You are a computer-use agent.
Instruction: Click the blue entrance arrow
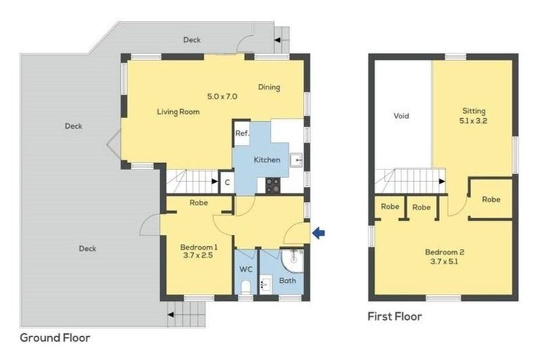(x=319, y=233)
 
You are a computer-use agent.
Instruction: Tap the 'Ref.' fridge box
(x=242, y=134)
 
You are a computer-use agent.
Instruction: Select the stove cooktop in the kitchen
(x=272, y=185)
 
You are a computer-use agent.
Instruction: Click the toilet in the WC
(x=245, y=286)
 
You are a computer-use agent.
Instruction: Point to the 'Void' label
(x=401, y=116)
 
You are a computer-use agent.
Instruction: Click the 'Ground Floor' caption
(x=55, y=337)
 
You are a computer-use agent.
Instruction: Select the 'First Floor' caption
(x=395, y=316)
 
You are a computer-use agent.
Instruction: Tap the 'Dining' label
(x=269, y=88)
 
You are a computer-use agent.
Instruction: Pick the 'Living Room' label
(x=178, y=112)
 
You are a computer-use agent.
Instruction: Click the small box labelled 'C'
(x=226, y=183)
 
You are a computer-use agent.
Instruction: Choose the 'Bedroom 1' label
(x=198, y=247)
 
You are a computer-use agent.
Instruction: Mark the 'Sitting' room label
(x=473, y=111)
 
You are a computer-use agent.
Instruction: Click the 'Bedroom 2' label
(x=444, y=252)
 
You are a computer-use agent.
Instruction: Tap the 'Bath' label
(x=288, y=281)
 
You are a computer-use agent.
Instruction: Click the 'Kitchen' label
(x=266, y=160)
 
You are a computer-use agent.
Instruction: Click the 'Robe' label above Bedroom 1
(x=198, y=203)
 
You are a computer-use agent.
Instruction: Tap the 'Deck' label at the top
(x=192, y=40)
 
